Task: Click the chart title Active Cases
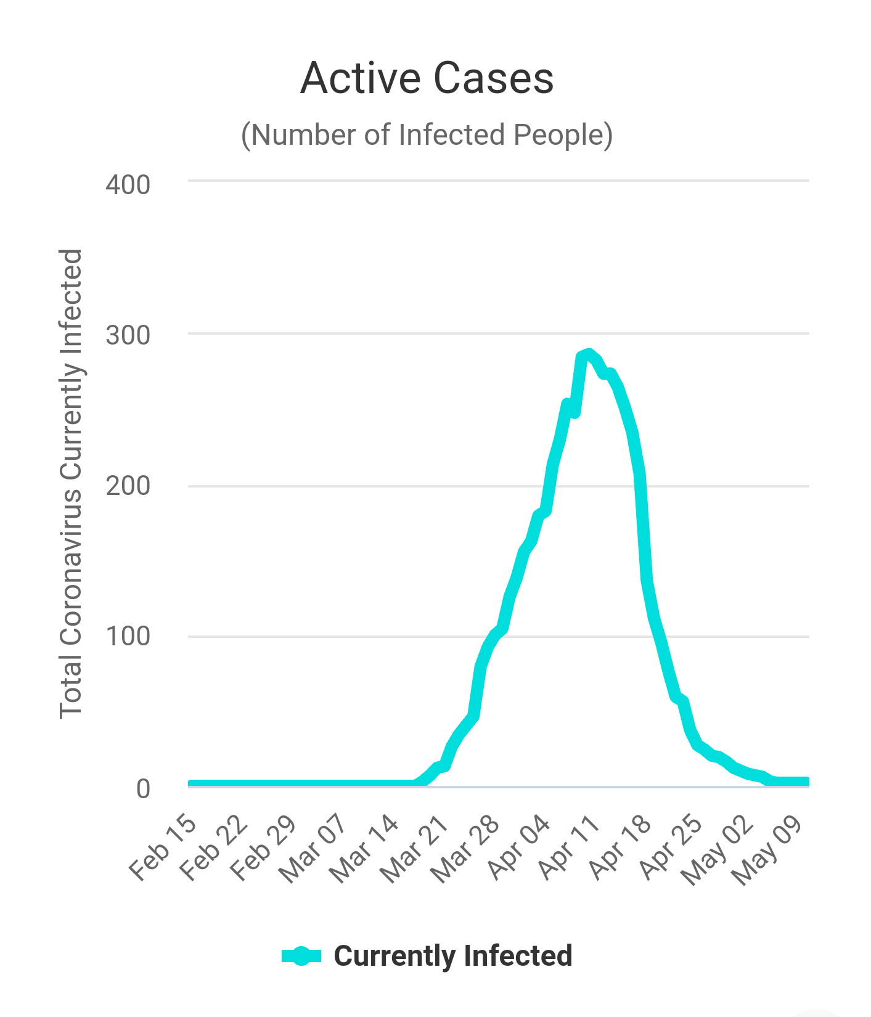tap(427, 78)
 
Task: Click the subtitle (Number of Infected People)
tap(427, 135)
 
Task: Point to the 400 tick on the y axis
tap(128, 184)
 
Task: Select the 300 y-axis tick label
tap(128, 336)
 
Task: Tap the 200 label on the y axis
tap(128, 486)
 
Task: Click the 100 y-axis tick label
tap(128, 637)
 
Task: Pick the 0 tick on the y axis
tap(143, 788)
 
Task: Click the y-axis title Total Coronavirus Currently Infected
tap(71, 484)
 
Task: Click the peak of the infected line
tap(589, 353)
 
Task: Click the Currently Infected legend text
tap(453, 956)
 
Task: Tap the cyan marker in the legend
tap(301, 956)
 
